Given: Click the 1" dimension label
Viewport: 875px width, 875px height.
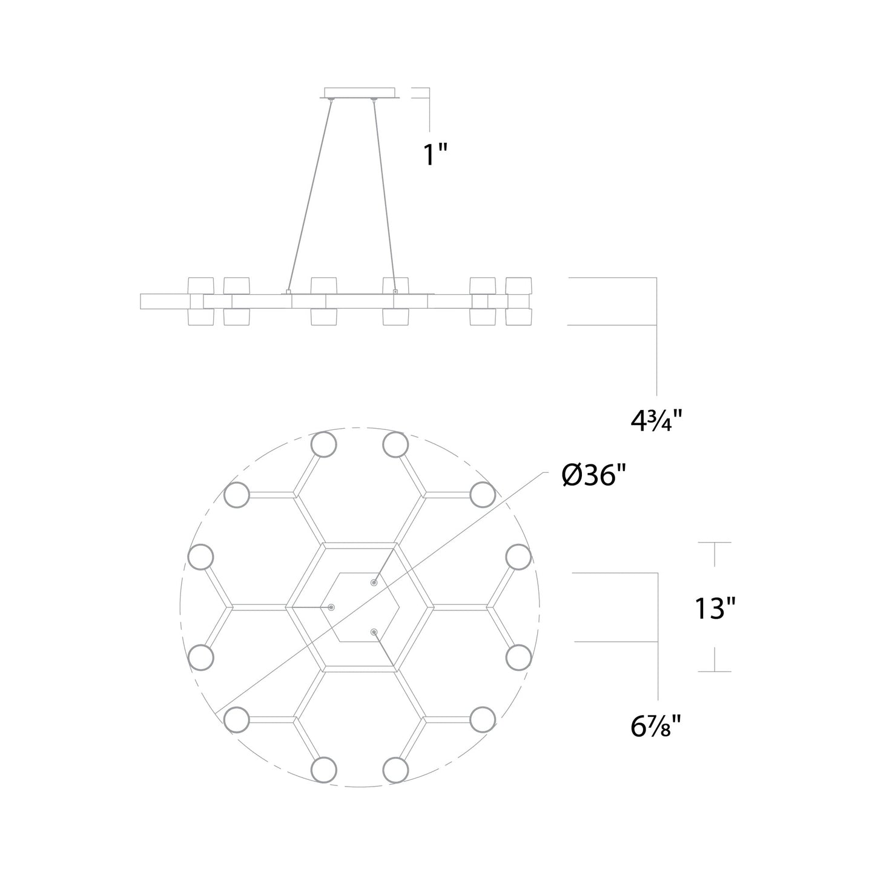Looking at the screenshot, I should [435, 154].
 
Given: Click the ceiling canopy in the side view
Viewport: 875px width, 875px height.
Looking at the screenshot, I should [360, 93].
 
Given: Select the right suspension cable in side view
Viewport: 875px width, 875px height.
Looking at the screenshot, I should [385, 194].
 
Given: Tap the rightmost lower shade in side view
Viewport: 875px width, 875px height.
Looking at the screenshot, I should [518, 317].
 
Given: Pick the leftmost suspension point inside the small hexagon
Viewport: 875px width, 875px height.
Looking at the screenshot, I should [331, 607].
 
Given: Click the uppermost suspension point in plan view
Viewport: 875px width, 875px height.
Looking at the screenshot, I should [374, 583].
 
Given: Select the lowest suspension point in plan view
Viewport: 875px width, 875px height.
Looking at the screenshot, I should [374, 632].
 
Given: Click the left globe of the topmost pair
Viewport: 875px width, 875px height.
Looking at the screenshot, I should [323, 445].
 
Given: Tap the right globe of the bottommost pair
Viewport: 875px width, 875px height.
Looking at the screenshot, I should [395, 769].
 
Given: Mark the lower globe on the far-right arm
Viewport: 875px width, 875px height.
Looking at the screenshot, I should [518, 658].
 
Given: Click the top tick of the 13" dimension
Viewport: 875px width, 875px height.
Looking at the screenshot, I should [715, 543].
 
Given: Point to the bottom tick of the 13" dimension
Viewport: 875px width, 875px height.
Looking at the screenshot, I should [715, 671].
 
